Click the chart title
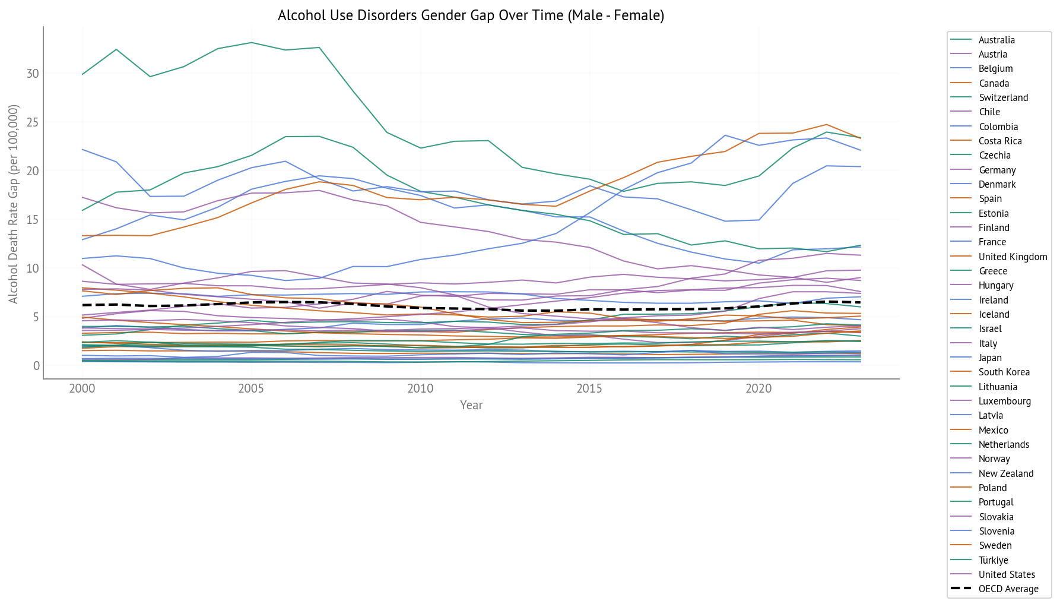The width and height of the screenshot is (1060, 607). point(471,15)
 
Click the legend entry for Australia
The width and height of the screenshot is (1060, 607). point(996,40)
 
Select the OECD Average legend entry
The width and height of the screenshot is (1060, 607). point(1008,589)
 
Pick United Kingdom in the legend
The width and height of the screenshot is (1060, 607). point(1013,257)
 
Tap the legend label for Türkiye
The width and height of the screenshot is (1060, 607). point(993,560)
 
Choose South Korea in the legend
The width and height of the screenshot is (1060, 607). point(1004,372)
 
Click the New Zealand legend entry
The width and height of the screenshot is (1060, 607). point(1006,474)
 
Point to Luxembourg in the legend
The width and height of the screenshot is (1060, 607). point(1004,401)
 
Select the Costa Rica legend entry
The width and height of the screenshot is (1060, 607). point(1000,141)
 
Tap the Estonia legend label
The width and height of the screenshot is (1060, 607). point(994,214)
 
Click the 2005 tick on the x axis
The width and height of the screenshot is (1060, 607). point(251,389)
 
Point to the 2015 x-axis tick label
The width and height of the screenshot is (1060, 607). point(589,389)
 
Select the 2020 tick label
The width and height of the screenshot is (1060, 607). point(758,389)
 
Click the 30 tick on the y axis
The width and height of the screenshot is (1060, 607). point(33,74)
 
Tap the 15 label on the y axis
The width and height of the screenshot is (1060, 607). point(33,220)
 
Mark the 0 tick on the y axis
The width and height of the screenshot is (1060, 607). point(36,366)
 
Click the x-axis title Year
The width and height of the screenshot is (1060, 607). point(471,405)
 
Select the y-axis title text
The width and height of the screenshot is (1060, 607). point(14,204)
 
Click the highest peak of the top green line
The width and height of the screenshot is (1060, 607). point(252,43)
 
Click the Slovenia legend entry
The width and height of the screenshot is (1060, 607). point(996,532)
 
